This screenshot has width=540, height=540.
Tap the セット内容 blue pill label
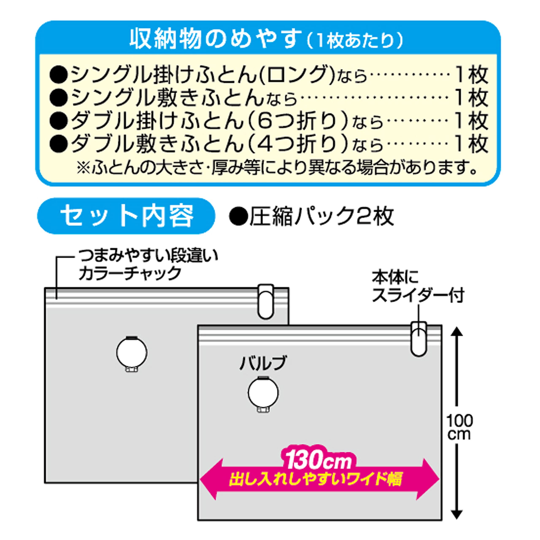126,216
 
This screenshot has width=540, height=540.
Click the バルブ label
263,363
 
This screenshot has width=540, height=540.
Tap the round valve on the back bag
132,353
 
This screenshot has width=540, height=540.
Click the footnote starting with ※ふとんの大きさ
277,168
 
